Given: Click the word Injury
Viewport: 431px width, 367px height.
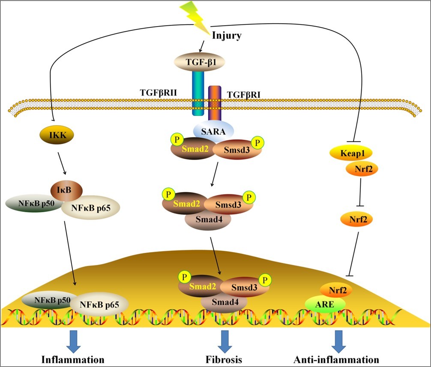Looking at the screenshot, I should point(227,35).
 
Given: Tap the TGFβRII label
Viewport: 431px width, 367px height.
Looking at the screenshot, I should point(159,92).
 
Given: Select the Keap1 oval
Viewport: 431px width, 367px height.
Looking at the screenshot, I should point(350,153).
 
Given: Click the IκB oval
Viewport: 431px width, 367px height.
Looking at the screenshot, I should point(64,189).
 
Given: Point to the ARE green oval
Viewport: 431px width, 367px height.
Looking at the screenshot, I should point(325,304).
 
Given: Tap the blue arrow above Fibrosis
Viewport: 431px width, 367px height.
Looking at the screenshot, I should point(223,338).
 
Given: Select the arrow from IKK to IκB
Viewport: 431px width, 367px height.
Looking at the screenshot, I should point(61,162).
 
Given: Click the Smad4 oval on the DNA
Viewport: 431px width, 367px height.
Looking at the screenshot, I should point(223,303).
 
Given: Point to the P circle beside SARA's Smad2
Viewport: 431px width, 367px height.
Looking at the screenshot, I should point(176,140).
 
